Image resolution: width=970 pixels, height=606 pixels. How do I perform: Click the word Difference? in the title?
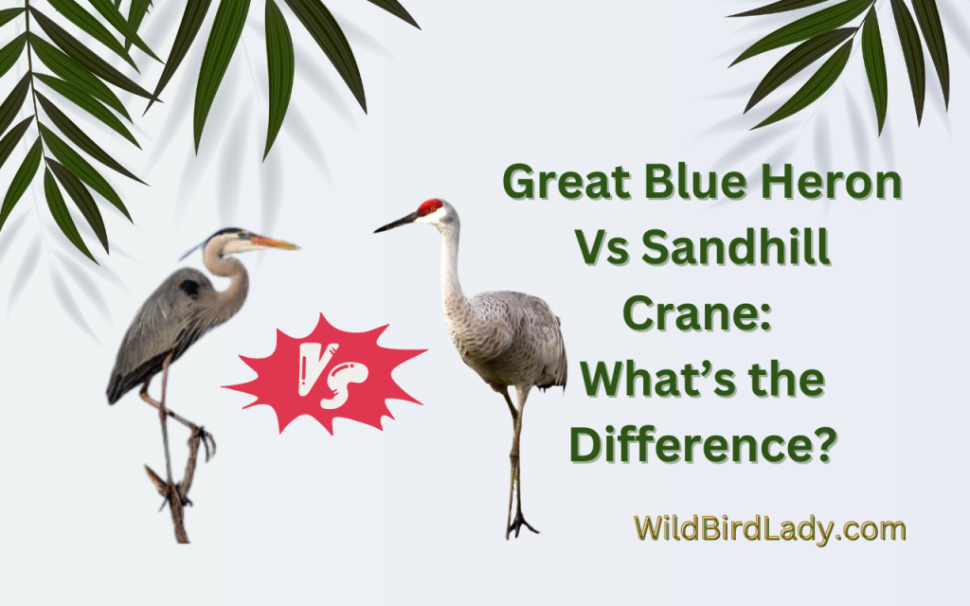[702, 443]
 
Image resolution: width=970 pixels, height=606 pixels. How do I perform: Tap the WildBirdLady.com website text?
[769, 528]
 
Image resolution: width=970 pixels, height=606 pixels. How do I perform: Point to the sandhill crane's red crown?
[431, 205]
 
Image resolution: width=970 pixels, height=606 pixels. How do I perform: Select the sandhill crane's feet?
[519, 524]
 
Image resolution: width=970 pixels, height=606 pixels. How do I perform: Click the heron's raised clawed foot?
[201, 440]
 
